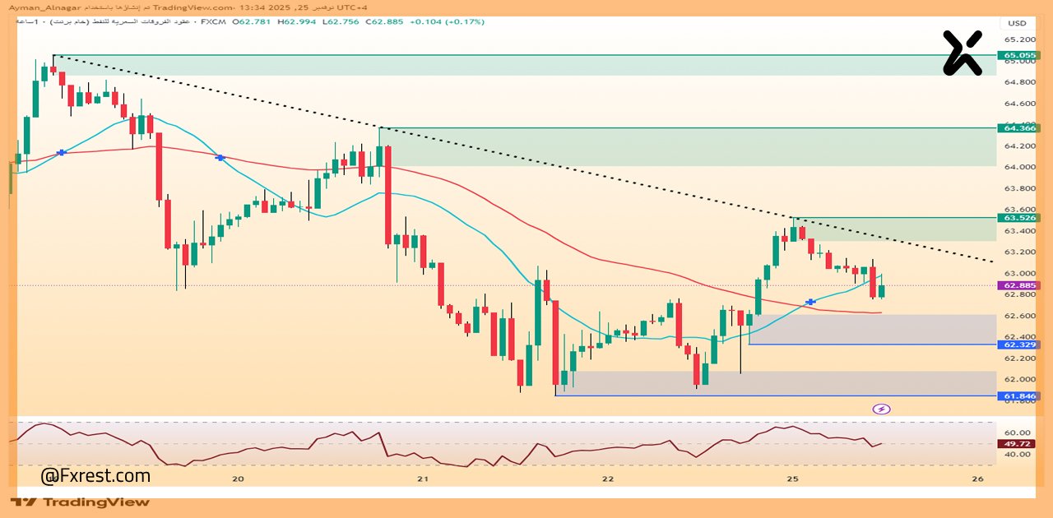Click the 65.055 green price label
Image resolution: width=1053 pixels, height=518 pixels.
point(1018,55)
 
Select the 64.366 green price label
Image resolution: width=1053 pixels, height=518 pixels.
point(1018,128)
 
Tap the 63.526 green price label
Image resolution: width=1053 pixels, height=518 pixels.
point(1018,218)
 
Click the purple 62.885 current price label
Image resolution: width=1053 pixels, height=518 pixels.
point(1018,286)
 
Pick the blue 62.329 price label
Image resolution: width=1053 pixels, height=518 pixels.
point(1018,345)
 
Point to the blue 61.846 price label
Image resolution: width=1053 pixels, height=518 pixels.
point(1018,396)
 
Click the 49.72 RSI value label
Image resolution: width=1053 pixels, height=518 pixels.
point(1018,444)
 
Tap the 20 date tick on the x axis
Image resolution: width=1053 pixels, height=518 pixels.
point(239,479)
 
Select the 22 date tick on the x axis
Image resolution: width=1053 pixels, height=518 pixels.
point(608,479)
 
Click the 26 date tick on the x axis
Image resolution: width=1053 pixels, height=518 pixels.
point(977,479)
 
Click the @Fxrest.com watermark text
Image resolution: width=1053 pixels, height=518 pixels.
point(95,475)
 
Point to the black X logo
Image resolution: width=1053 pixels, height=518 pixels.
point(963,53)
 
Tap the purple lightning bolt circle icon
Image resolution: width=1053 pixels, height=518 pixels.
point(881,409)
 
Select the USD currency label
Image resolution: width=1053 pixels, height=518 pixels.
point(1018,23)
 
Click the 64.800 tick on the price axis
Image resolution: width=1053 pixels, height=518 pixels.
point(1018,82)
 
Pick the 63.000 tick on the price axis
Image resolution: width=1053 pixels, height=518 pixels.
point(1018,274)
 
